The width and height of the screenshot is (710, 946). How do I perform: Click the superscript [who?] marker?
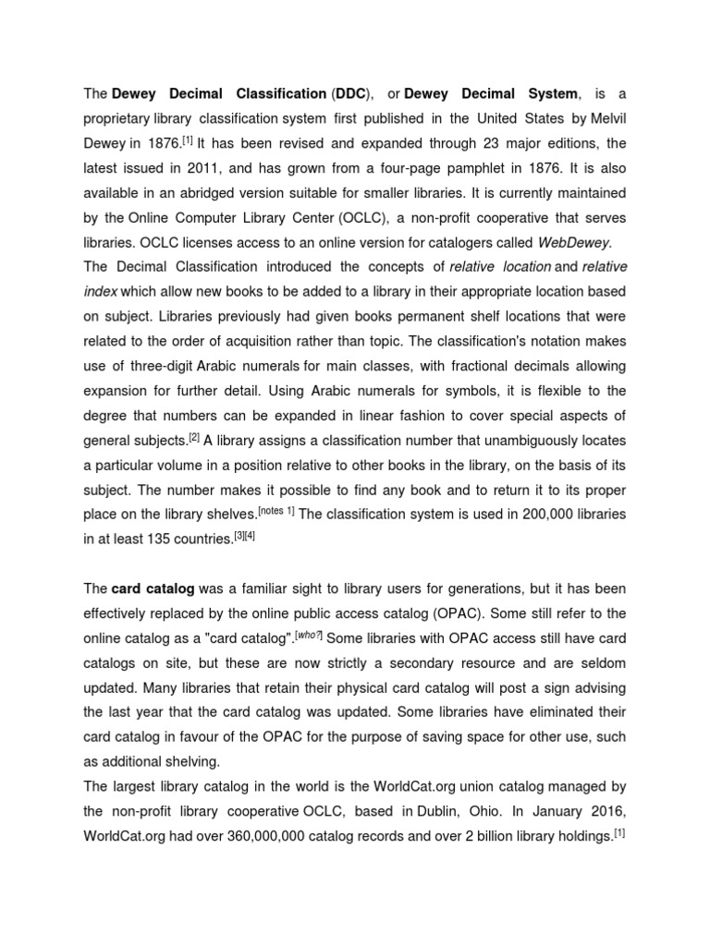(312, 609)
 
